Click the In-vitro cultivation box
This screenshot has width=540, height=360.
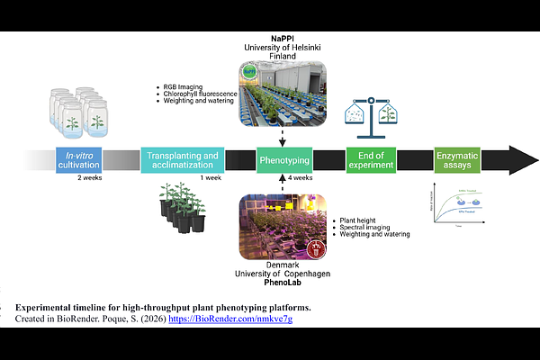pyautogui.click(x=78, y=159)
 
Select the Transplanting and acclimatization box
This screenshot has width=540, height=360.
pyautogui.click(x=182, y=159)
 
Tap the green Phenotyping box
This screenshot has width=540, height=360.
pyautogui.click(x=283, y=159)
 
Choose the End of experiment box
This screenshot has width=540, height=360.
pyautogui.click(x=371, y=159)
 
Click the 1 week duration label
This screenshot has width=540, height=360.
pyautogui.click(x=210, y=178)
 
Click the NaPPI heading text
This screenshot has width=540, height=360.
pyautogui.click(x=283, y=35)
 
